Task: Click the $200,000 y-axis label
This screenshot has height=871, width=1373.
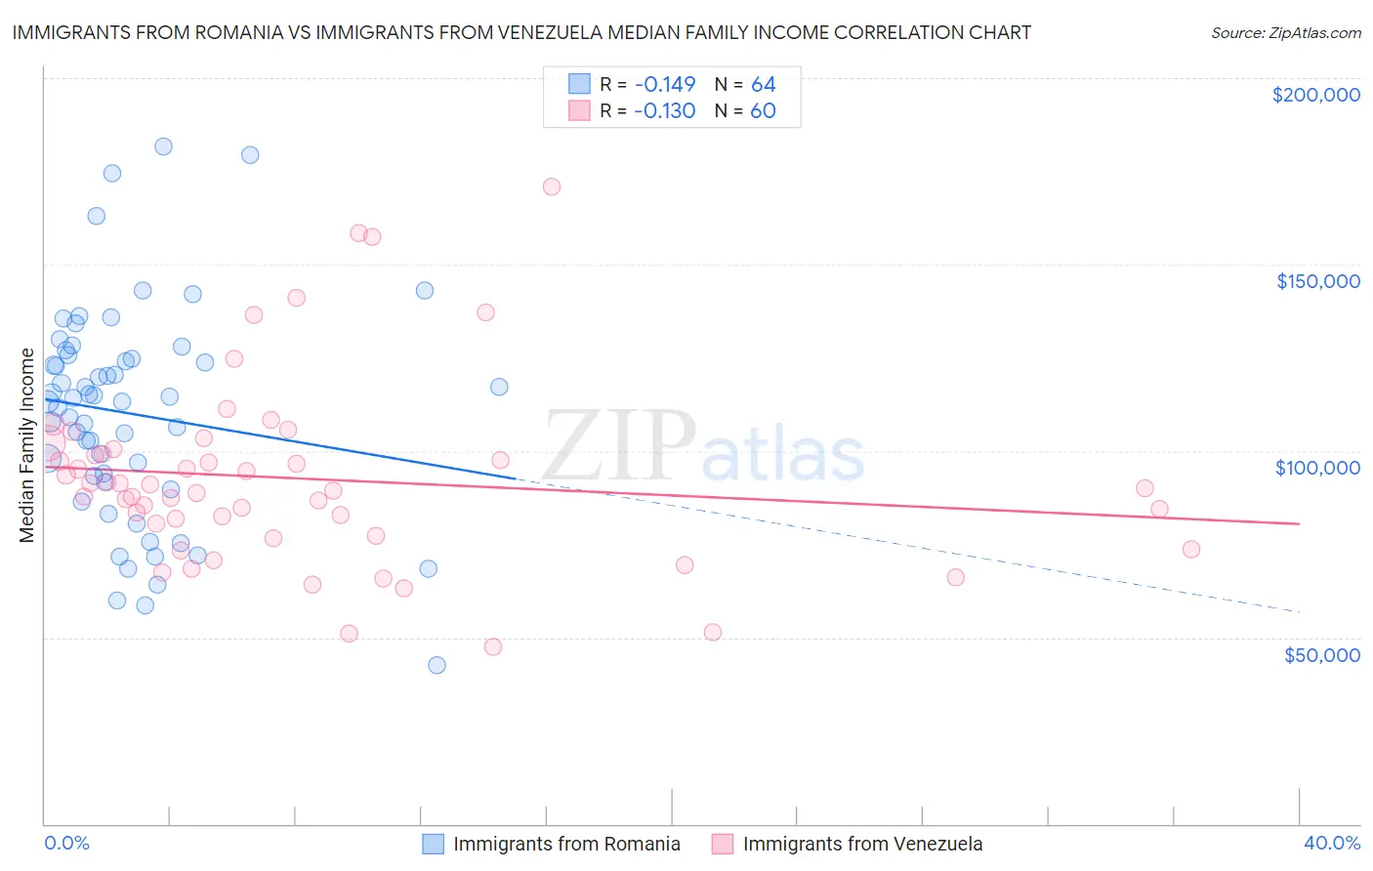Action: [x=1315, y=95]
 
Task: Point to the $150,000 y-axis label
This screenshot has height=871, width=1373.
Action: [x=1317, y=281]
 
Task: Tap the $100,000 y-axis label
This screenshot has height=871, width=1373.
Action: [x=1317, y=468]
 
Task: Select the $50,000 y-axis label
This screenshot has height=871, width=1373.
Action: [x=1321, y=654]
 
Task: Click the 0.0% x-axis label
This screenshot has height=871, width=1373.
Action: [x=66, y=843]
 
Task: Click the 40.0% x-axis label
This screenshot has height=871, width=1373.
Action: [x=1332, y=843]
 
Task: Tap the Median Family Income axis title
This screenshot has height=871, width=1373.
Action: [x=27, y=445]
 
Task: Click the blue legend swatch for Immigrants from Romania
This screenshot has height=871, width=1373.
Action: [x=433, y=844]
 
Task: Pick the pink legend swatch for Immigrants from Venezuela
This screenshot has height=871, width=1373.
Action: [x=723, y=844]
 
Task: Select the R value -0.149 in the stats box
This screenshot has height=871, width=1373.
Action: [x=664, y=84]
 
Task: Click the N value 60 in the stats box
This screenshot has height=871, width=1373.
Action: [x=763, y=110]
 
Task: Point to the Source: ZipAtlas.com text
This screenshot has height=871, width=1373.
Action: [x=1285, y=32]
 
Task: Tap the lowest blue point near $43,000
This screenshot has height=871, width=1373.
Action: [x=437, y=665]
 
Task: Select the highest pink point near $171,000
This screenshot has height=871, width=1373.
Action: [x=552, y=187]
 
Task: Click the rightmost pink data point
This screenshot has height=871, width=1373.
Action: [x=1190, y=549]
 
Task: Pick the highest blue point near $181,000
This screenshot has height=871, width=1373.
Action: [x=163, y=146]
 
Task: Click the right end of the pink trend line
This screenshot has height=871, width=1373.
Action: [x=1299, y=524]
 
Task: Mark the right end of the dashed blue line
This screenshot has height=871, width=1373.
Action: [x=1299, y=611]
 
